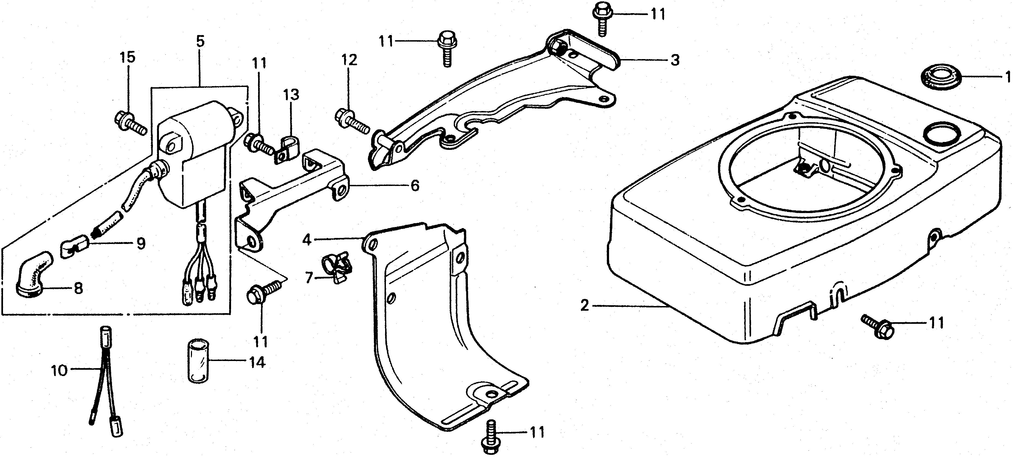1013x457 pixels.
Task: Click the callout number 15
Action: click(x=128, y=57)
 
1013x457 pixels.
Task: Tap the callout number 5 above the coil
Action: click(x=200, y=41)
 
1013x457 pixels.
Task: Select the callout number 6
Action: click(x=415, y=185)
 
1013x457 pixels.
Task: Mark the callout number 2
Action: click(x=585, y=305)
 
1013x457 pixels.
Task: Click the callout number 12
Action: click(x=349, y=60)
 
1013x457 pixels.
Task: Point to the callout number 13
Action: click(x=291, y=95)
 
